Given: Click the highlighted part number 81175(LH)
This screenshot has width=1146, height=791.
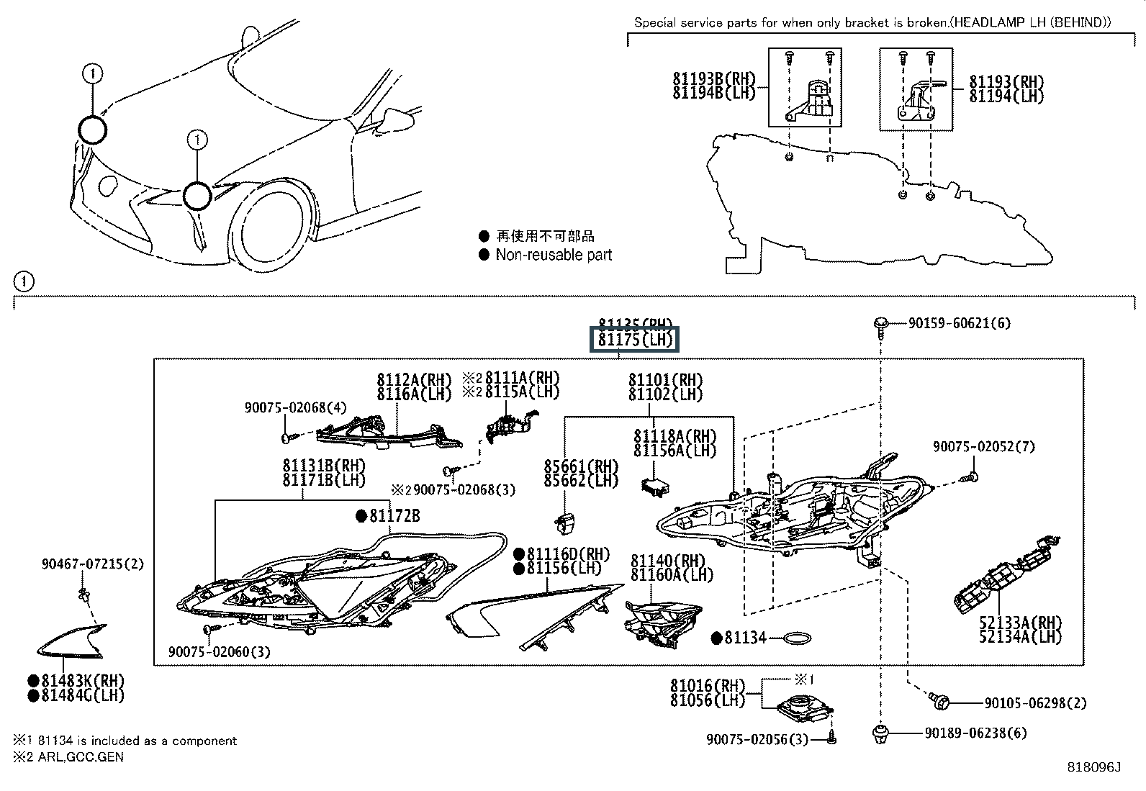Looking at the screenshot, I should pos(633,339).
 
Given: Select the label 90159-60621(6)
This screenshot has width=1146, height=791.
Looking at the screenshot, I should pos(959,324).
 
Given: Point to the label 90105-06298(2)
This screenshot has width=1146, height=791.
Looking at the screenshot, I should pos(1035,703).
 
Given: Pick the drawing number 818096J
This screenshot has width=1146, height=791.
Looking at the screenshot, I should pos(1094,768).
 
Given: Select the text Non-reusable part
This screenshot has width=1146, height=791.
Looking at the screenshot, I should pos(554,255).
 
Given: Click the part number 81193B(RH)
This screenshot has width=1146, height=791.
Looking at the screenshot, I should pos(713,79).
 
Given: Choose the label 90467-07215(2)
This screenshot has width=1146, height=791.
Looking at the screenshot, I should pos(92,564).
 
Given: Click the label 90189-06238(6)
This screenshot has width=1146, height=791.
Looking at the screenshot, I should pos(975,733).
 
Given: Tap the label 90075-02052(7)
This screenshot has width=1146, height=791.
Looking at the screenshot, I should pos(984,447).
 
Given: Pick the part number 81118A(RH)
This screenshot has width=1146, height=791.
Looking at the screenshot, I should pos(674,436).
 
